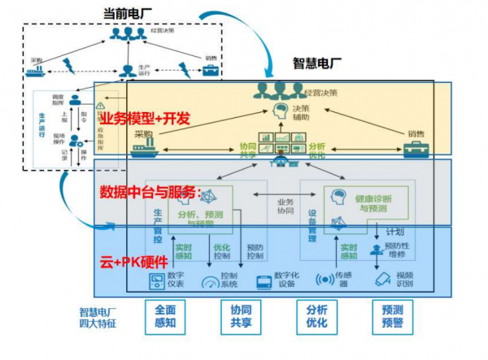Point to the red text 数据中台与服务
pyautogui.click(x=150, y=192)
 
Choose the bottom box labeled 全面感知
pyautogui.click(x=166, y=317)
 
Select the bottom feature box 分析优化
pyautogui.click(x=316, y=317)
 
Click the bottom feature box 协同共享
pyautogui.click(x=242, y=317)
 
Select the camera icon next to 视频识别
pyautogui.click(x=383, y=280)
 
